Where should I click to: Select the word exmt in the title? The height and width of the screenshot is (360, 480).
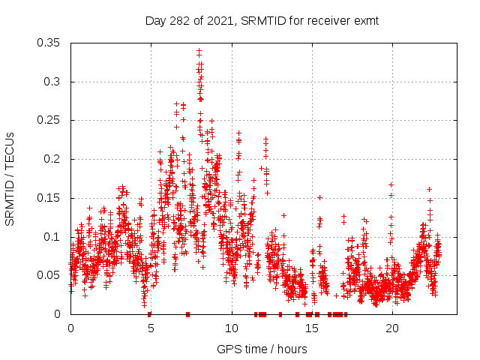coord(365,21)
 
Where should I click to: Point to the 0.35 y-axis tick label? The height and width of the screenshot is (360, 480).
coord(50,43)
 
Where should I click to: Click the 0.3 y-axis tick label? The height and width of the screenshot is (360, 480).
coord(53,82)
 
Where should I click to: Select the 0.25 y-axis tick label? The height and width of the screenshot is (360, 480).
coord(50,120)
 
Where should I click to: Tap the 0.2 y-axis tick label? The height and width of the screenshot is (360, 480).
coord(53,159)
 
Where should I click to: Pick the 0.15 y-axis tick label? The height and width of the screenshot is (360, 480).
coord(50,198)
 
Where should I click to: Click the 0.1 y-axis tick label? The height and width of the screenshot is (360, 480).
coord(53,237)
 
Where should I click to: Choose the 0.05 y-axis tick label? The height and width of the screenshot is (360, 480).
coord(50,275)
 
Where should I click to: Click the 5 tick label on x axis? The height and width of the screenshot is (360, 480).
coord(151,328)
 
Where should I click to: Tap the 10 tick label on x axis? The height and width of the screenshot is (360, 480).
coord(231,328)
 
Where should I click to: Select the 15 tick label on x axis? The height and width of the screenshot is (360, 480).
coord(311,328)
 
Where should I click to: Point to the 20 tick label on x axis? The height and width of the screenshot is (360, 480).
coord(391,328)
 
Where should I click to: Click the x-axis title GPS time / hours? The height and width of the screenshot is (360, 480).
coord(262,349)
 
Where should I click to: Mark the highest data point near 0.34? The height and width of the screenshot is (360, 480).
coord(199,51)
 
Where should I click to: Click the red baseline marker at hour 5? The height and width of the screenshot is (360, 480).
coord(150,314)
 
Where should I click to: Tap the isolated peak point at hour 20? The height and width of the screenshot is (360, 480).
coord(391,184)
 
